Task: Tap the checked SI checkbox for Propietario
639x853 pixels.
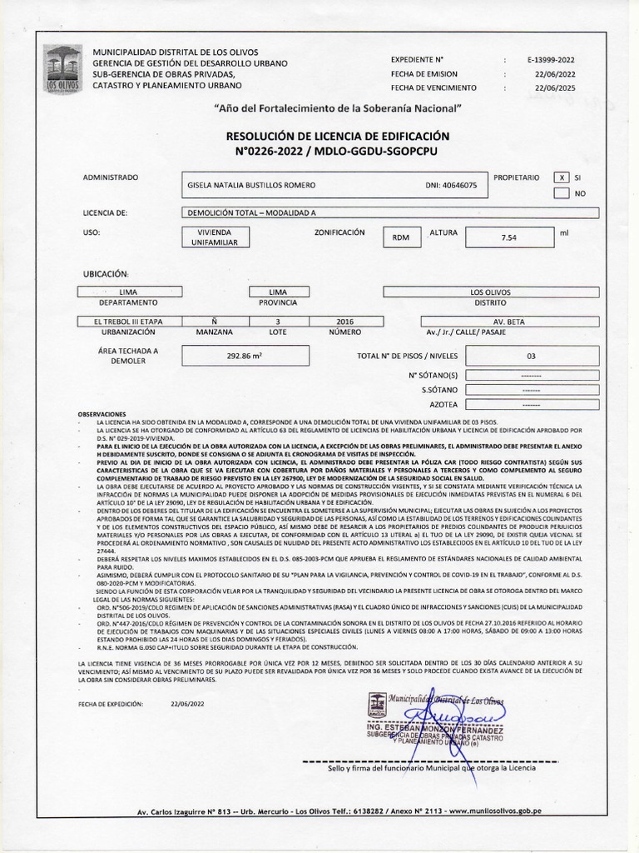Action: pos(562,178)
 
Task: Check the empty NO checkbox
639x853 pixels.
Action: pos(562,193)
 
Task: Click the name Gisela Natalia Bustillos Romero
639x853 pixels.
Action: pos(254,185)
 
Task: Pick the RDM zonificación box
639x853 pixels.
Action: pos(401,237)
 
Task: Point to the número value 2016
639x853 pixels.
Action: pos(344,321)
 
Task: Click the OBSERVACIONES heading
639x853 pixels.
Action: pos(101,414)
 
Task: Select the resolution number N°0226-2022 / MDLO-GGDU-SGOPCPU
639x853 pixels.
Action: pos(337,152)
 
